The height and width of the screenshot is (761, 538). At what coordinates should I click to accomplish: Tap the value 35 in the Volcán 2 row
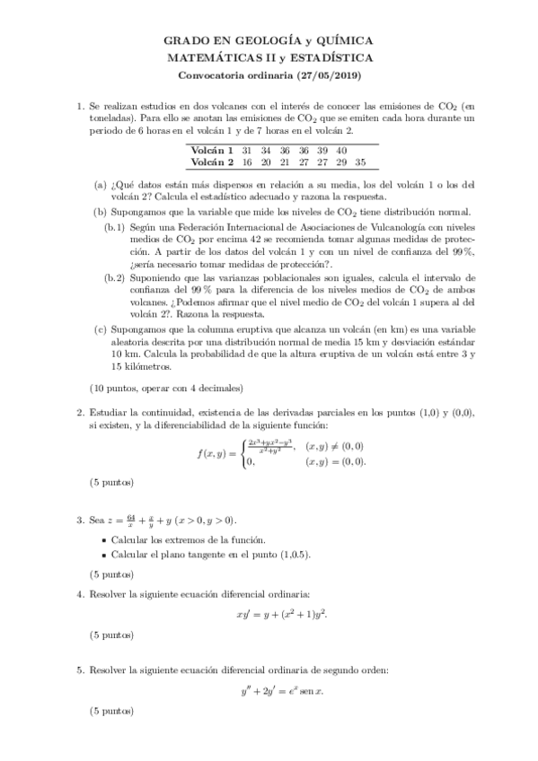pos(360,162)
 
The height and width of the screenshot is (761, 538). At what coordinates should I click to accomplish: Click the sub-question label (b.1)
pos(114,228)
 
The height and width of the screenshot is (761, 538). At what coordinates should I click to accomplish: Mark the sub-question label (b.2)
pos(114,278)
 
